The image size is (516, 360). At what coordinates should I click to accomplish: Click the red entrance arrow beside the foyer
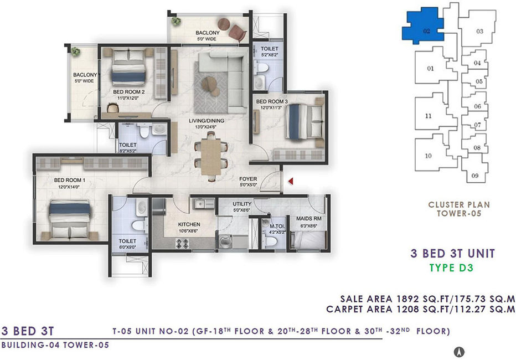[x=291, y=181]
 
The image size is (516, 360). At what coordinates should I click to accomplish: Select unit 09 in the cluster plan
[x=475, y=171]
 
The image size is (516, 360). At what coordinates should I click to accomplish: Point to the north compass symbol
[x=459, y=352]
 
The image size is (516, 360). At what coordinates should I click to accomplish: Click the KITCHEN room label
[x=189, y=224]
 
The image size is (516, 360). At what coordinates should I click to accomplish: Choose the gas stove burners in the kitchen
[x=183, y=244]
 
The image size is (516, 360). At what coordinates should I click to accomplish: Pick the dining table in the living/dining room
[x=211, y=157]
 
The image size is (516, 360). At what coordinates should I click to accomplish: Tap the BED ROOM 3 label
[x=272, y=102]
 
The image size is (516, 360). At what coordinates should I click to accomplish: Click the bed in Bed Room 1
[x=70, y=219]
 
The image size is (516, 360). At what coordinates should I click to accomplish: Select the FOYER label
[x=248, y=179]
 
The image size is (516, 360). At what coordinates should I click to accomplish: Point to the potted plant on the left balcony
[x=75, y=52]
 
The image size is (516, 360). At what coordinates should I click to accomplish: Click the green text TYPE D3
[x=452, y=268]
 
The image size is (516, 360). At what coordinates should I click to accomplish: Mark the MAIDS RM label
[x=309, y=219]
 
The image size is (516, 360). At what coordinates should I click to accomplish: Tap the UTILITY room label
[x=242, y=204]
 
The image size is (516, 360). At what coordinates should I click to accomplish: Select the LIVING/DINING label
[x=207, y=121]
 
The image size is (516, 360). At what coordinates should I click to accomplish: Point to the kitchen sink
[x=199, y=204]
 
